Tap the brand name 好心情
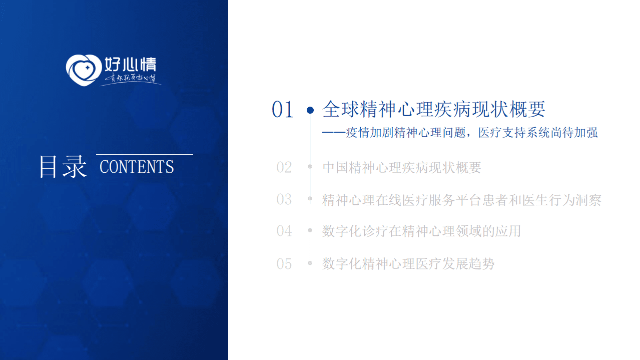pos(130,65)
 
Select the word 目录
pos(63,167)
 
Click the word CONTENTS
pos(137,167)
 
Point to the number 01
pos(282,110)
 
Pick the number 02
pos(284,167)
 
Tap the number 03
pos(284,199)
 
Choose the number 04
pos(284,231)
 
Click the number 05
pos(284,263)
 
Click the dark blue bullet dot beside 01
pos(310,110)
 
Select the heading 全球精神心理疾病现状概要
pos(434,109)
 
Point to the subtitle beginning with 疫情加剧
pos(460,133)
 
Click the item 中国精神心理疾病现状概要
pos(402,167)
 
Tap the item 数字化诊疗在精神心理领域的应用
pos(422,231)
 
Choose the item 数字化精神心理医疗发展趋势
pos(408,263)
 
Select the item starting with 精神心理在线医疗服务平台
pos(461,200)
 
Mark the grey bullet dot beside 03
pos(310,199)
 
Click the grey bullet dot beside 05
pos(310,263)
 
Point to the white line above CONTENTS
pos(144,154)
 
